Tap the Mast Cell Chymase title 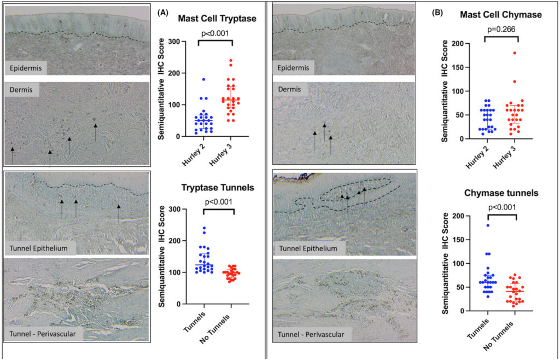(x=501, y=15)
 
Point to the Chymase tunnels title (x=501, y=193)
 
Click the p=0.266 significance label (x=501, y=30)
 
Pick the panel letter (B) (x=438, y=13)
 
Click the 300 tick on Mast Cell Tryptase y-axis (x=174, y=42)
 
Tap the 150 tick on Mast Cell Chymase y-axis (x=460, y=67)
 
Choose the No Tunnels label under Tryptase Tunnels (x=214, y=329)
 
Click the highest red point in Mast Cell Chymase (x=515, y=53)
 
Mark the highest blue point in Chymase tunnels (x=487, y=225)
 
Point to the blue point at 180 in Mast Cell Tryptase (x=203, y=79)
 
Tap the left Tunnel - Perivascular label (x=40, y=334)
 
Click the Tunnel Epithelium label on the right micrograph (x=308, y=248)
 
